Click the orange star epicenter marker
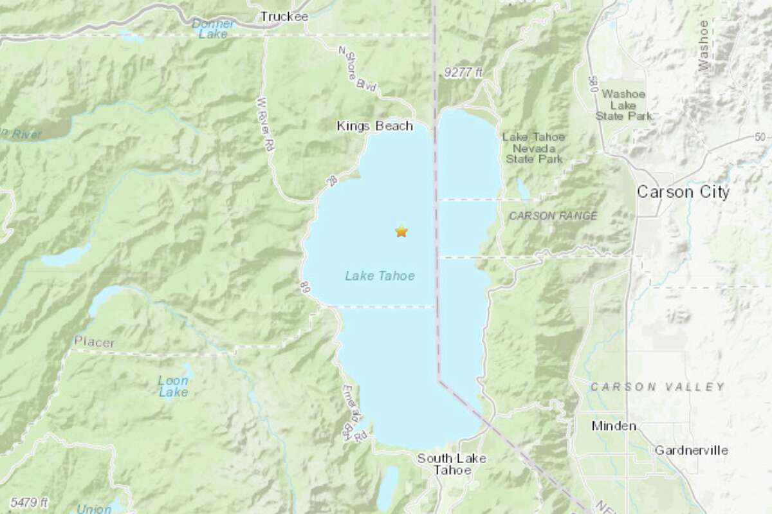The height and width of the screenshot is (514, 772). pyautogui.click(x=401, y=232)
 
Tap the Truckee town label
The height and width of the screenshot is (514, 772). pyautogui.click(x=284, y=17)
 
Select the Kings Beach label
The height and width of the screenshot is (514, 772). pyautogui.click(x=374, y=127)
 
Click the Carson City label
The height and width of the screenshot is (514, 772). pyautogui.click(x=683, y=192)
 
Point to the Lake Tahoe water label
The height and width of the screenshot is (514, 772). pyautogui.click(x=380, y=276)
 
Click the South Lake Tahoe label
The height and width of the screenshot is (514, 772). pyautogui.click(x=452, y=464)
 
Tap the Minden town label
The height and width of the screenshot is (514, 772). pyautogui.click(x=614, y=426)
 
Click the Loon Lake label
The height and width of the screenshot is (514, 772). pyautogui.click(x=173, y=386)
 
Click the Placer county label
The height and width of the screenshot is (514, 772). pyautogui.click(x=94, y=342)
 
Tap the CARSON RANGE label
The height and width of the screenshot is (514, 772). pyautogui.click(x=553, y=216)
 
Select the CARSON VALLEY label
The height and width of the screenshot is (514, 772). pyautogui.click(x=657, y=387)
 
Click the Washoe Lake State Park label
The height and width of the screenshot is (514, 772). pyautogui.click(x=624, y=105)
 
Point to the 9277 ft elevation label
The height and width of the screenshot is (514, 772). pyautogui.click(x=463, y=74)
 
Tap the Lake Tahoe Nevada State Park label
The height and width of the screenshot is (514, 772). pyautogui.click(x=533, y=147)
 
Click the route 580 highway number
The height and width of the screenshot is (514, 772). pyautogui.click(x=591, y=82)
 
